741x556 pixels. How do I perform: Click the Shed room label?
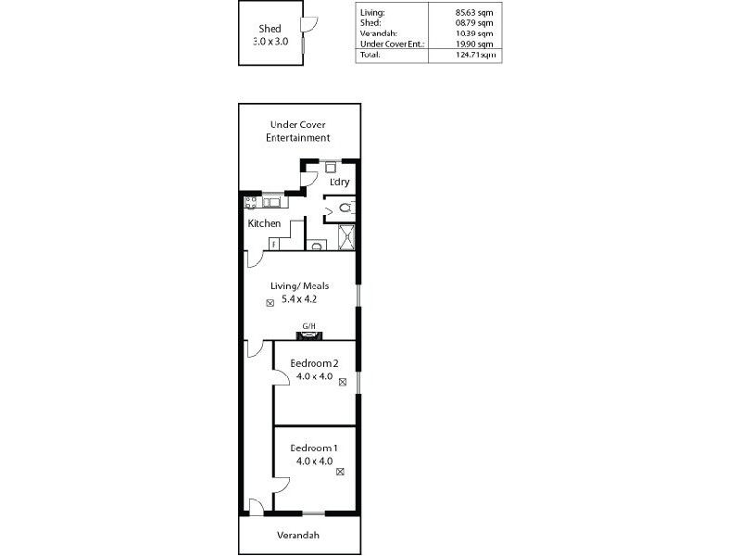coord(270,29)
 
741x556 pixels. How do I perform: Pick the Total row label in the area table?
coord(370,55)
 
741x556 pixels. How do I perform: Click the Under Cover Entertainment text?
coord(298,131)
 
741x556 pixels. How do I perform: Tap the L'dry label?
coord(339,182)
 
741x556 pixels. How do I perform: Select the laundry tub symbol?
coord(329,168)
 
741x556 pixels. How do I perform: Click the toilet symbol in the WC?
coord(344,208)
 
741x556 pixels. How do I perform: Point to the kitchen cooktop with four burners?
coord(249,200)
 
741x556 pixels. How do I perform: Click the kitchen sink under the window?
coord(273,201)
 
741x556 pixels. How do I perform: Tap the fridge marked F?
coord(273,244)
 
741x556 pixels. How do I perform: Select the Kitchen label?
coord(264,224)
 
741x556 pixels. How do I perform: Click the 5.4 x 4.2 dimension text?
coord(298,300)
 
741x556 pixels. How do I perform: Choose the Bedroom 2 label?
coord(314,363)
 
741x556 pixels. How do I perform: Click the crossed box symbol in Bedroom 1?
coord(340,472)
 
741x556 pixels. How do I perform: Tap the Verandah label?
coord(299,536)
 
